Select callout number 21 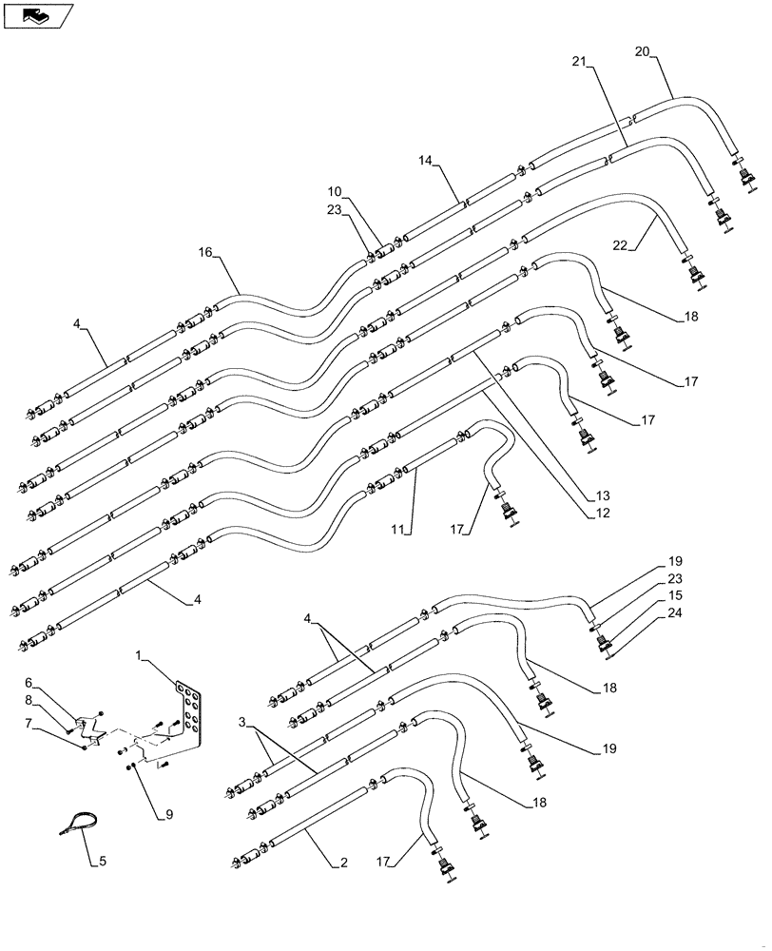580,62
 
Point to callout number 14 423,163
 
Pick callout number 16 206,253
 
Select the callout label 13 603,495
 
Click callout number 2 342,864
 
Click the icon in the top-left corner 37,14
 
